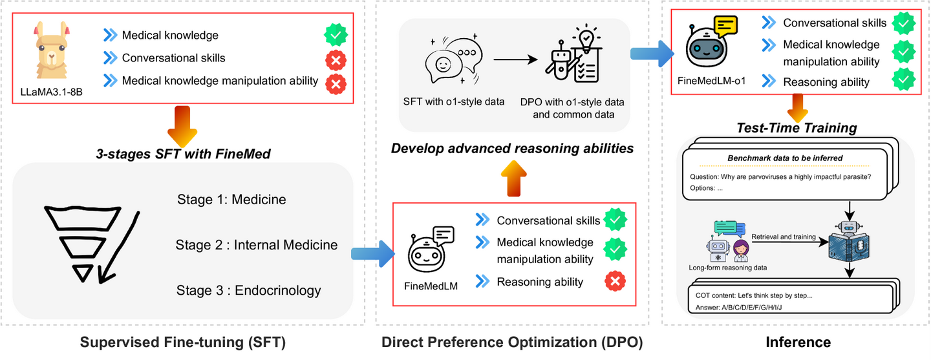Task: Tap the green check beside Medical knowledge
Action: pyautogui.click(x=336, y=35)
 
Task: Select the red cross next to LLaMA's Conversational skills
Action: pyautogui.click(x=336, y=61)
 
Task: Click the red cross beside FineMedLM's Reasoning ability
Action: pyautogui.click(x=615, y=281)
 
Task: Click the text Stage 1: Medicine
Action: pyautogui.click(x=231, y=200)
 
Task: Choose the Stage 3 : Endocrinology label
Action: pyautogui.click(x=248, y=290)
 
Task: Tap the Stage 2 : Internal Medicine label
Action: pyautogui.click(x=257, y=245)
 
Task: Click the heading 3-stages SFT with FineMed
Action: pyautogui.click(x=183, y=154)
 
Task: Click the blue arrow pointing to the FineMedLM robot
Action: pyautogui.click(x=373, y=253)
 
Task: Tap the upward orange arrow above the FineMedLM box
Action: pyautogui.click(x=514, y=178)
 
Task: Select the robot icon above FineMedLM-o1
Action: pyautogui.click(x=711, y=42)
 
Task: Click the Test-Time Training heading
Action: pyautogui.click(x=797, y=127)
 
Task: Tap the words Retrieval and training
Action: pyautogui.click(x=784, y=237)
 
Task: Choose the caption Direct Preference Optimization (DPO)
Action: pyautogui.click(x=512, y=342)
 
